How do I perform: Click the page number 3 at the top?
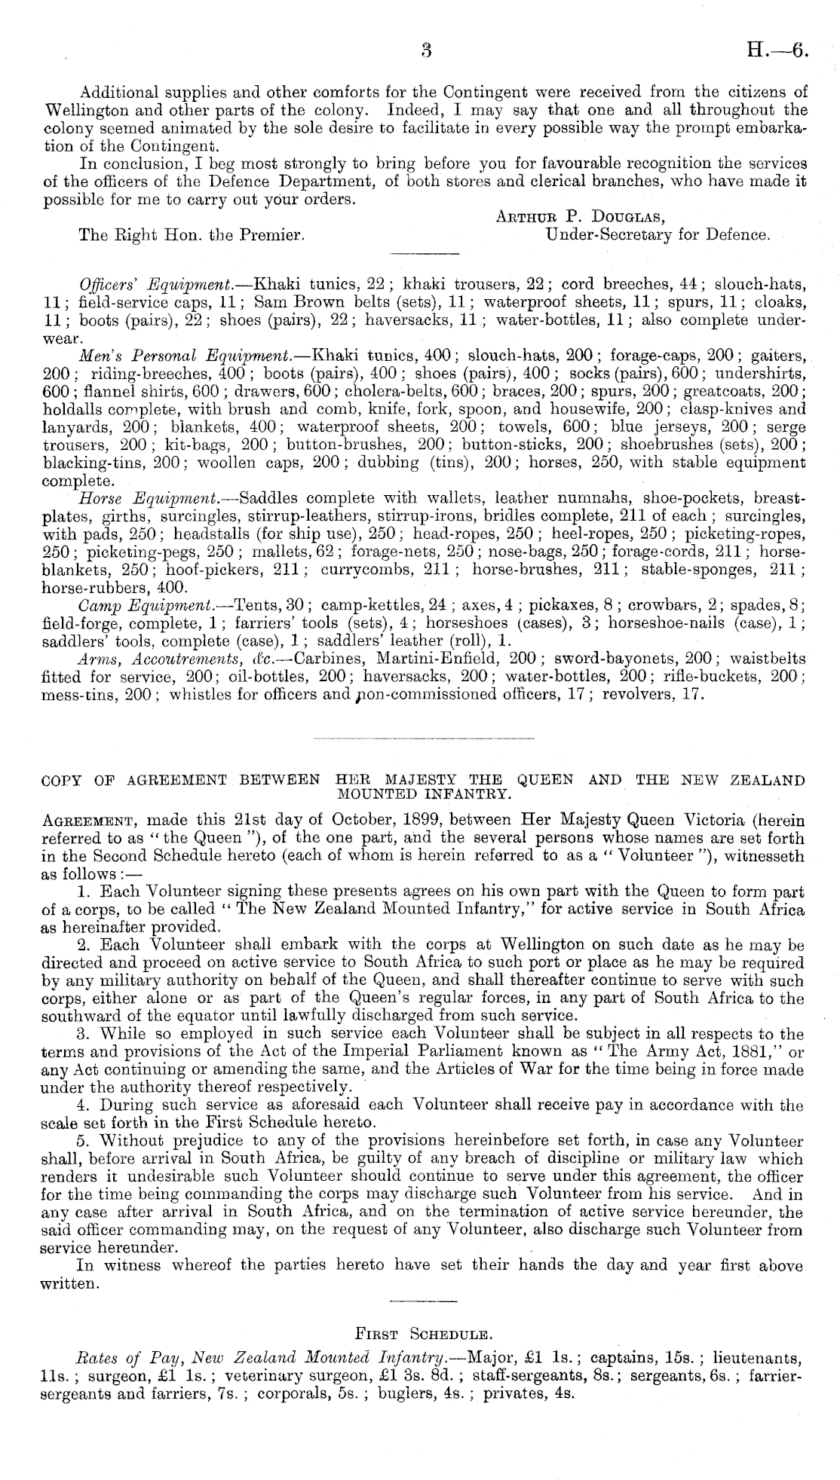pos(425,51)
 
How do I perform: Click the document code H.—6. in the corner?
pos(777,51)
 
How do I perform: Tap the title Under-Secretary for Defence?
pos(657,235)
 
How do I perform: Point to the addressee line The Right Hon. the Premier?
pos(192,235)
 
